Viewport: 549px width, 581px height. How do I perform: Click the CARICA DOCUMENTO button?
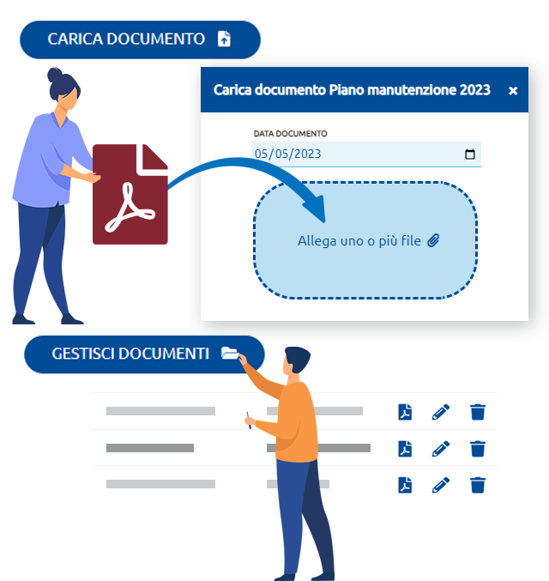(140, 39)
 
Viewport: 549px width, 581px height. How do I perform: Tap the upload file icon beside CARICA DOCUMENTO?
(224, 39)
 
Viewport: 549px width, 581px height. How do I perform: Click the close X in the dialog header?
(513, 90)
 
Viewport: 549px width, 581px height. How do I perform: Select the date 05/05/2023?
(288, 154)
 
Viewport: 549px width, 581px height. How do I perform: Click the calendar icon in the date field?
(470, 154)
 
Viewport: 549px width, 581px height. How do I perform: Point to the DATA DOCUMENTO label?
(291, 133)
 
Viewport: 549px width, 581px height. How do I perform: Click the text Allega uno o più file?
(359, 241)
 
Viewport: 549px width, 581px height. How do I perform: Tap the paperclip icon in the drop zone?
(433, 240)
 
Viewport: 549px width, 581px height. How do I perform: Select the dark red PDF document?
(130, 194)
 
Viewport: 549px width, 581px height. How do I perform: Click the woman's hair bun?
(54, 75)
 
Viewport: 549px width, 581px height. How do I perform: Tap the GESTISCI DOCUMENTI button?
(144, 354)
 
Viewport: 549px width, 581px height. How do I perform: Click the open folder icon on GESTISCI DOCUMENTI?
(230, 353)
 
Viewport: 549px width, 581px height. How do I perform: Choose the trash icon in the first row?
(478, 412)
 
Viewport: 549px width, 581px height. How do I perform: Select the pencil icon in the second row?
(441, 448)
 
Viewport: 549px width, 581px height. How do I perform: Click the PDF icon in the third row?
(405, 485)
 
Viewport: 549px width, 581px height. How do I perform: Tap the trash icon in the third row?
(478, 485)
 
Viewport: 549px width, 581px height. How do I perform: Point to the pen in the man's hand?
(249, 421)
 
